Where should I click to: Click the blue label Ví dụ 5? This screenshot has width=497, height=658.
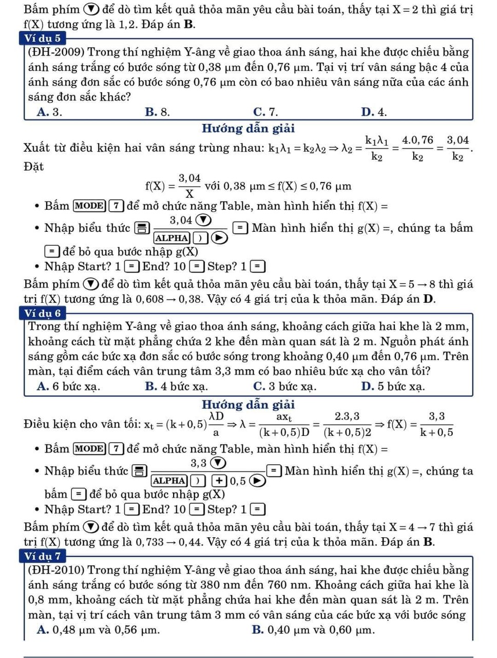point(43,38)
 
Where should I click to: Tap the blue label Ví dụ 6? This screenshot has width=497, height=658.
point(43,313)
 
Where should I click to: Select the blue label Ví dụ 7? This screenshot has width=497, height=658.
point(43,556)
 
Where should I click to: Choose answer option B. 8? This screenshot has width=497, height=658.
point(157,112)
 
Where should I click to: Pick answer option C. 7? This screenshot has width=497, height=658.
point(265,112)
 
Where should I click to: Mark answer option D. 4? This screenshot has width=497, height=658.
point(374,112)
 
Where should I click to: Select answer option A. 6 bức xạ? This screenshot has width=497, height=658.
point(68,387)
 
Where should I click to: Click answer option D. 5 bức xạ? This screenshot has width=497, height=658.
point(393,387)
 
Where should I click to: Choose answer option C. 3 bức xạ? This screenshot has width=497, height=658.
point(284,387)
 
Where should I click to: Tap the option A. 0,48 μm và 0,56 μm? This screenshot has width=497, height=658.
point(98,630)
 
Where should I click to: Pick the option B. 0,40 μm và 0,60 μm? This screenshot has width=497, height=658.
point(313,630)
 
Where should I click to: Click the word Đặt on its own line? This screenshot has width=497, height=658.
point(34,167)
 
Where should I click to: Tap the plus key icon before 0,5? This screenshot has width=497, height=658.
point(219,481)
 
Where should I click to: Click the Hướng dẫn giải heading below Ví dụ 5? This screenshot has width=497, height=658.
point(248,129)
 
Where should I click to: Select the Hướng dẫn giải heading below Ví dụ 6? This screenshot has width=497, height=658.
point(248,405)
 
